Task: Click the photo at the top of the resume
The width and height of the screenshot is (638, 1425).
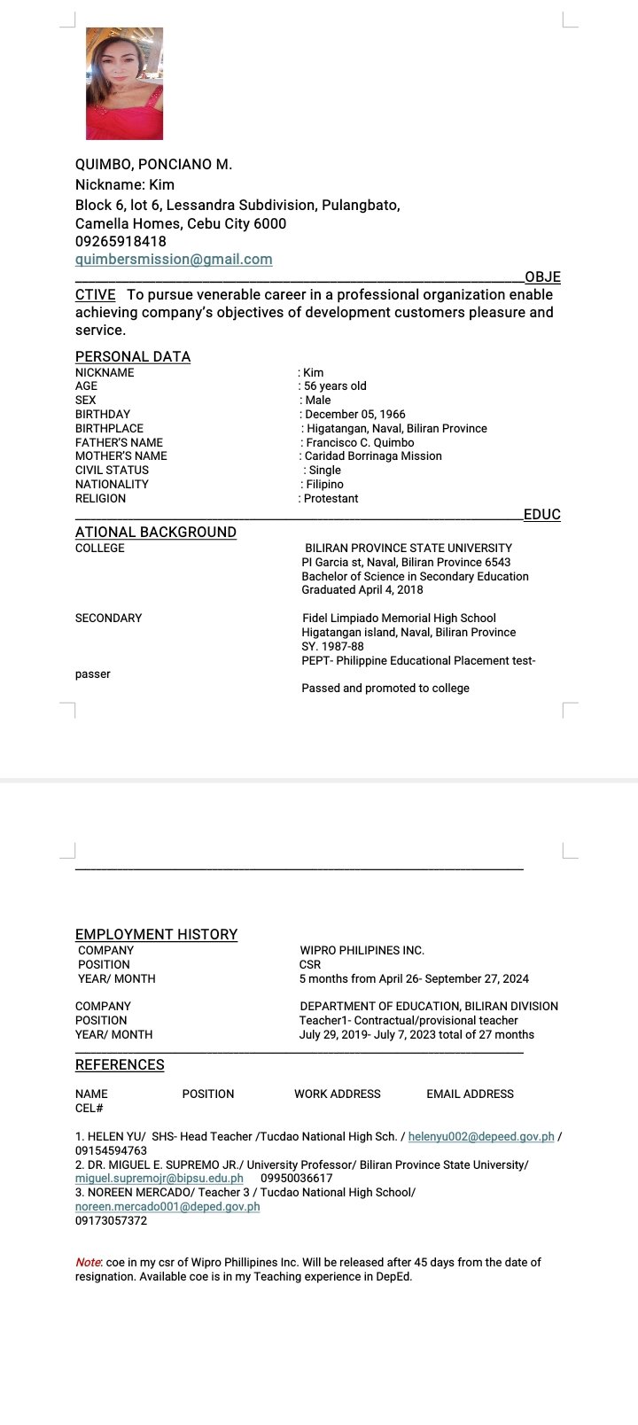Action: tap(124, 83)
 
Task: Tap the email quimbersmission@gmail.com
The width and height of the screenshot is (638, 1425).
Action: tap(174, 260)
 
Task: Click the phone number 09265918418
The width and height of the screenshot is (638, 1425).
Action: tap(121, 241)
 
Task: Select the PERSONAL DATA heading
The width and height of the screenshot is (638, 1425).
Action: tap(133, 356)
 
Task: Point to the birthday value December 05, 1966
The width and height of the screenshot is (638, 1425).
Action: tap(355, 414)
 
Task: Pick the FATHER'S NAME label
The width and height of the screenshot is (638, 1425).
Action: tap(119, 442)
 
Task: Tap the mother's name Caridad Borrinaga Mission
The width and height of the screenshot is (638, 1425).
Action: tap(373, 456)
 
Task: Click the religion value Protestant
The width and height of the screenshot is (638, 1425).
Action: tap(331, 499)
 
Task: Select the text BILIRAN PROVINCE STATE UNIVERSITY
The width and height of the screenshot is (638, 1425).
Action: tap(408, 549)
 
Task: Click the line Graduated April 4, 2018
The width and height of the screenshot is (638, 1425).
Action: tap(362, 590)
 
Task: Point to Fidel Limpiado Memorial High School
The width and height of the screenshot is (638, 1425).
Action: tap(399, 619)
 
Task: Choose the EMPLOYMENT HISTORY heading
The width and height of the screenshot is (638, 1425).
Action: tap(156, 934)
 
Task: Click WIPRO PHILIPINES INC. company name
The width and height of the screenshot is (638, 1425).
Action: tap(362, 951)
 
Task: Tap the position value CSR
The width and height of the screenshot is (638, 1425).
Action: tap(310, 965)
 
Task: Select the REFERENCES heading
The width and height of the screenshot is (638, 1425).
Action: tap(120, 1064)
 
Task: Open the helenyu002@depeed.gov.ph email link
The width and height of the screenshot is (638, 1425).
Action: tap(481, 1137)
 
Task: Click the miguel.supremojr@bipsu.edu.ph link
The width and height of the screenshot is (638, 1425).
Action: tap(159, 1179)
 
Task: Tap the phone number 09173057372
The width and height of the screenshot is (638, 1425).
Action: tap(111, 1221)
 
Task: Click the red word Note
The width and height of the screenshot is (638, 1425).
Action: tap(88, 1263)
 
